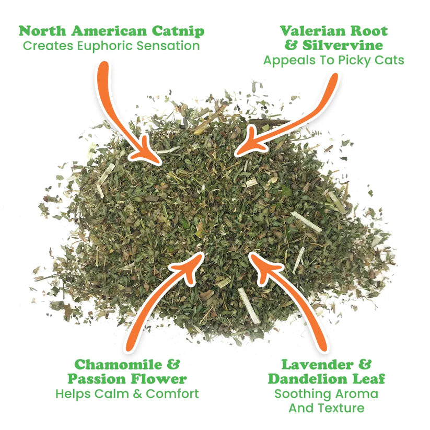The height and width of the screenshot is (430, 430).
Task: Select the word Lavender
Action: pyautogui.click(x=312, y=364)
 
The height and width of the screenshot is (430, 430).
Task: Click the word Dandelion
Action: pyautogui.click(x=307, y=378)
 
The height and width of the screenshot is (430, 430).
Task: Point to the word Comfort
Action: pyautogui.click(x=172, y=393)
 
